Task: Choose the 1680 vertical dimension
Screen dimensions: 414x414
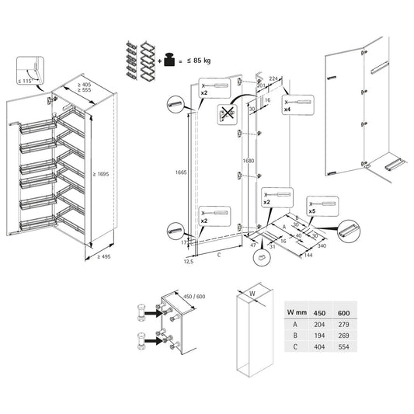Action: click(249, 161)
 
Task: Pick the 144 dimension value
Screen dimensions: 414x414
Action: click(308, 255)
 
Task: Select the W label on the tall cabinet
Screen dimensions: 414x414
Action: click(252, 294)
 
